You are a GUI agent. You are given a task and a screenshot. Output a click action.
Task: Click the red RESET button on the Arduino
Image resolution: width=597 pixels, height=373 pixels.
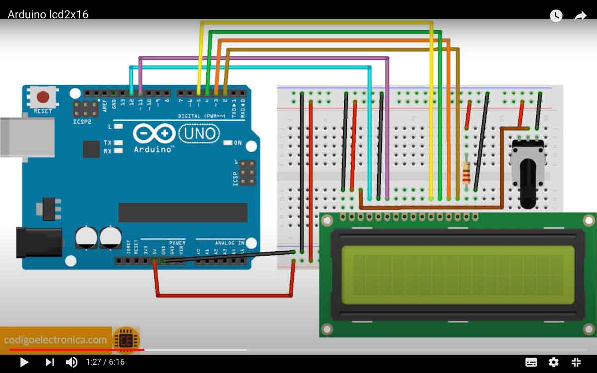coord(43,96)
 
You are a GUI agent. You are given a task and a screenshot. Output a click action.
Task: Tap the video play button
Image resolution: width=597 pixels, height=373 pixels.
coord(24,362)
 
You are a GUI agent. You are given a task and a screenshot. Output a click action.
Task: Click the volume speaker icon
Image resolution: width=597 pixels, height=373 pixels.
coord(72,362)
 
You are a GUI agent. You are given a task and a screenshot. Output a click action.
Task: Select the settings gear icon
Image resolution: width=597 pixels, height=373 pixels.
coord(553,362)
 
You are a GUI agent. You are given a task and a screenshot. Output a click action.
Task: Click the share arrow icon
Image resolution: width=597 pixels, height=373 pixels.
coord(580,16)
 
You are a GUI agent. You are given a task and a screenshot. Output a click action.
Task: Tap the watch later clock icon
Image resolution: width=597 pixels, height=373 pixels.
coord(556,16)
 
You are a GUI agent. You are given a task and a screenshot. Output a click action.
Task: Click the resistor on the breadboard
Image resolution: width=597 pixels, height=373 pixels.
coord(466,172)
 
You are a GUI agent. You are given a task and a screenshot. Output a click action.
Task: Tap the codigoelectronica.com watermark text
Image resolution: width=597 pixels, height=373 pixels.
coord(56,340)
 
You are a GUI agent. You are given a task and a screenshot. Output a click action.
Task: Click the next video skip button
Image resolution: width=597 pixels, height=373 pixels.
coord(50,362)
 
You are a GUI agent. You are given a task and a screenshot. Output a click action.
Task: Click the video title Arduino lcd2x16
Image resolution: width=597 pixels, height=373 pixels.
coord(48,14)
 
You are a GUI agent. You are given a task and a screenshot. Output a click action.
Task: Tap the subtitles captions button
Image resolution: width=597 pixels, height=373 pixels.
coord(531,362)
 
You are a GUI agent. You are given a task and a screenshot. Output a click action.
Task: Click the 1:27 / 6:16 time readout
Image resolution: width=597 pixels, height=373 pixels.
coord(105,362)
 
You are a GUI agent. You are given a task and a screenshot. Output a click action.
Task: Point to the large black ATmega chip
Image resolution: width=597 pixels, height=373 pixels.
coord(183,212)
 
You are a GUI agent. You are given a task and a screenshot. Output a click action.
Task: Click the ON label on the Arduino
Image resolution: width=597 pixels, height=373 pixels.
coord(238,143)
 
